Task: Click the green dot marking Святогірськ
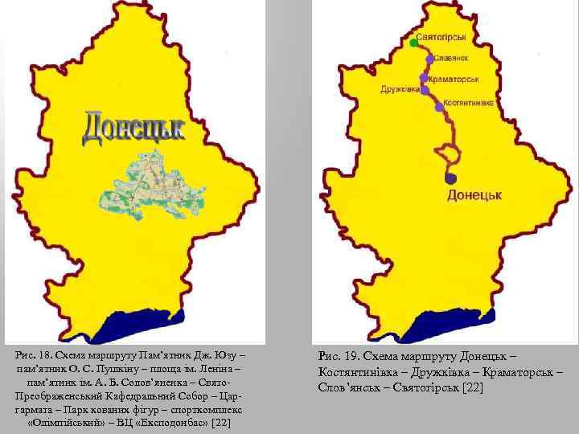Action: [x=413, y=42]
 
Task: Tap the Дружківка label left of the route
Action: [x=400, y=90]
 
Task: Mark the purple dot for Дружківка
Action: [x=424, y=90]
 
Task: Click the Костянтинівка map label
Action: [x=469, y=104]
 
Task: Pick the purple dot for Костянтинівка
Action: [x=439, y=106]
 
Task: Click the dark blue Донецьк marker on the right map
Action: [x=451, y=178]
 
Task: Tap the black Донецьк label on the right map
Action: [x=474, y=195]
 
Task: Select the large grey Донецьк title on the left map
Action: [x=133, y=129]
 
